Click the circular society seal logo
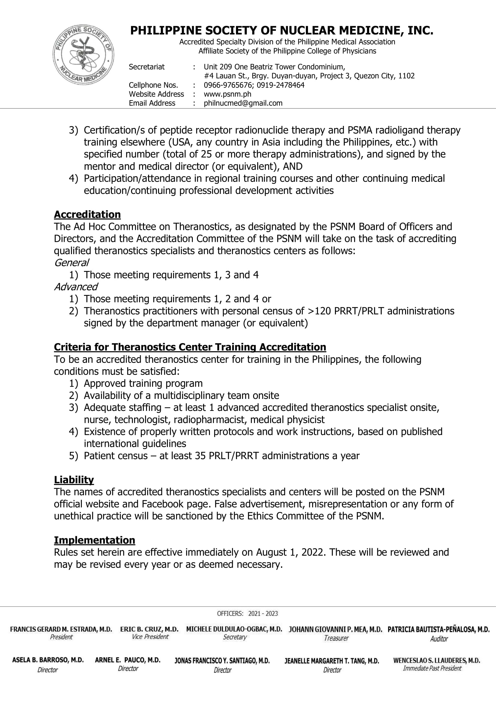[83, 55]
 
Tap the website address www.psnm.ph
[227, 94]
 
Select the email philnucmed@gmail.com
[243, 103]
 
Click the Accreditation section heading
[87, 215]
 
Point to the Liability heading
[73, 480]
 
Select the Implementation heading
[94, 540]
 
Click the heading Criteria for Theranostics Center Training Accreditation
[190, 347]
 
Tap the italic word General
[71, 263]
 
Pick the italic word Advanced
[76, 287]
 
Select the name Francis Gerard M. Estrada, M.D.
[61, 629]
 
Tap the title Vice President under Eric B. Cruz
[150, 637]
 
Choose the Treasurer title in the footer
[336, 638]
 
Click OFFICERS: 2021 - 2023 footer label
[247, 613]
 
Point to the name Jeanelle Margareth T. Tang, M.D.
[332, 661]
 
